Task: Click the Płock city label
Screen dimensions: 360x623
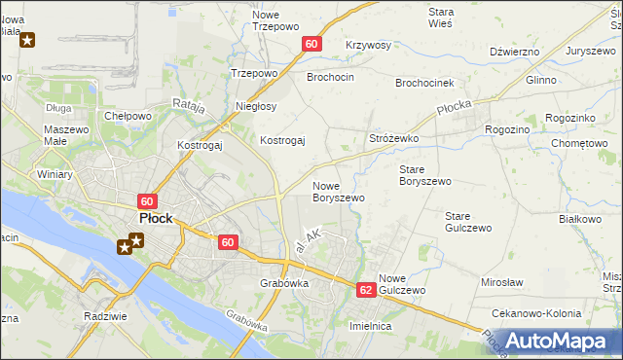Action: click(156, 219)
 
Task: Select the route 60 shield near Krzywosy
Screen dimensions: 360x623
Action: click(311, 44)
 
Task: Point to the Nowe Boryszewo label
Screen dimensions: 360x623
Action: click(338, 192)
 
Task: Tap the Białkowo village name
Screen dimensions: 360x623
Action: click(580, 219)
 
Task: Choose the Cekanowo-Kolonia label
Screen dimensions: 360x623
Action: click(537, 313)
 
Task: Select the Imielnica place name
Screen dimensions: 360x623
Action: click(370, 326)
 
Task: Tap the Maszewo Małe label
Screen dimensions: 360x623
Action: click(66, 135)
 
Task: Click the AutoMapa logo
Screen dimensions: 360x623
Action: click(558, 341)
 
